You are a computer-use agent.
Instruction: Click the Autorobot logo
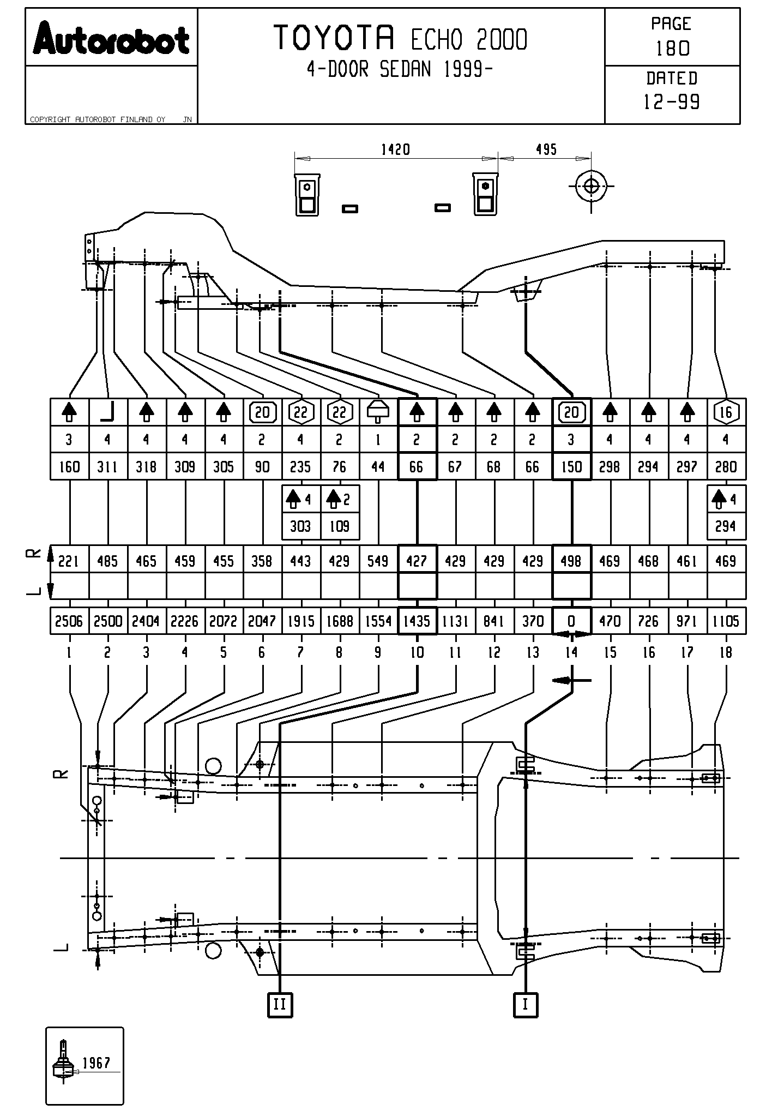(111, 39)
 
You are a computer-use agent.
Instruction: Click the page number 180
(672, 49)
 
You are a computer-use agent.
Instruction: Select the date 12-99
(672, 102)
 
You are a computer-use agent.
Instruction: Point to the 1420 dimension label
(395, 149)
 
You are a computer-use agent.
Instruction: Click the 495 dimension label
(546, 149)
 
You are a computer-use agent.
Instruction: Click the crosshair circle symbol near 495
(591, 187)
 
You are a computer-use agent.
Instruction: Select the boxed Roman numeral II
(280, 1004)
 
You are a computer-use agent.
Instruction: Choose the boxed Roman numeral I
(526, 1004)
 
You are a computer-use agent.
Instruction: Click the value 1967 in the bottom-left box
(96, 1063)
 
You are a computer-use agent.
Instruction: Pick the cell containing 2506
(69, 621)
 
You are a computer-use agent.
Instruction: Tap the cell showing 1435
(417, 621)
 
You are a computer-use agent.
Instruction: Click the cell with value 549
(378, 561)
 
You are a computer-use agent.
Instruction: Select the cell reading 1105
(726, 621)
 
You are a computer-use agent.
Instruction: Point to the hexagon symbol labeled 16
(726, 413)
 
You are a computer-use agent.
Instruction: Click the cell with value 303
(301, 526)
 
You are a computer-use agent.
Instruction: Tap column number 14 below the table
(571, 652)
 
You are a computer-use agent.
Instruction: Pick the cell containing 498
(571, 561)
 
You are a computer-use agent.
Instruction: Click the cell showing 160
(69, 467)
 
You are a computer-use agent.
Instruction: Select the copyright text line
(98, 119)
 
